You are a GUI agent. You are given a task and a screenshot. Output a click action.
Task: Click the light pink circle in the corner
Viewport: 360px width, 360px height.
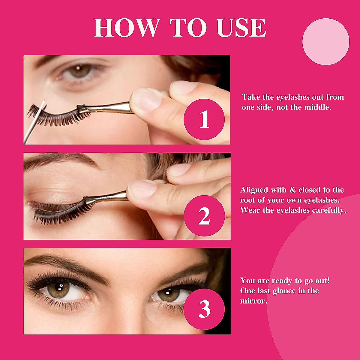pos(325,41)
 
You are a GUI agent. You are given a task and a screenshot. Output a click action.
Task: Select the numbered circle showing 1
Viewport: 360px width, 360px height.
pos(204,119)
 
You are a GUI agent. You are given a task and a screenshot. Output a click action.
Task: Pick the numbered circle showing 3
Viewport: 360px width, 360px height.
pos(204,309)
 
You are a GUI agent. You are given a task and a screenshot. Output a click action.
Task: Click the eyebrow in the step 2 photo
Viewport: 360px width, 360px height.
pos(60,159)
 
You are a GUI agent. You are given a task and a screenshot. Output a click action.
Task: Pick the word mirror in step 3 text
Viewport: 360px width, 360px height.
pos(253,301)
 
